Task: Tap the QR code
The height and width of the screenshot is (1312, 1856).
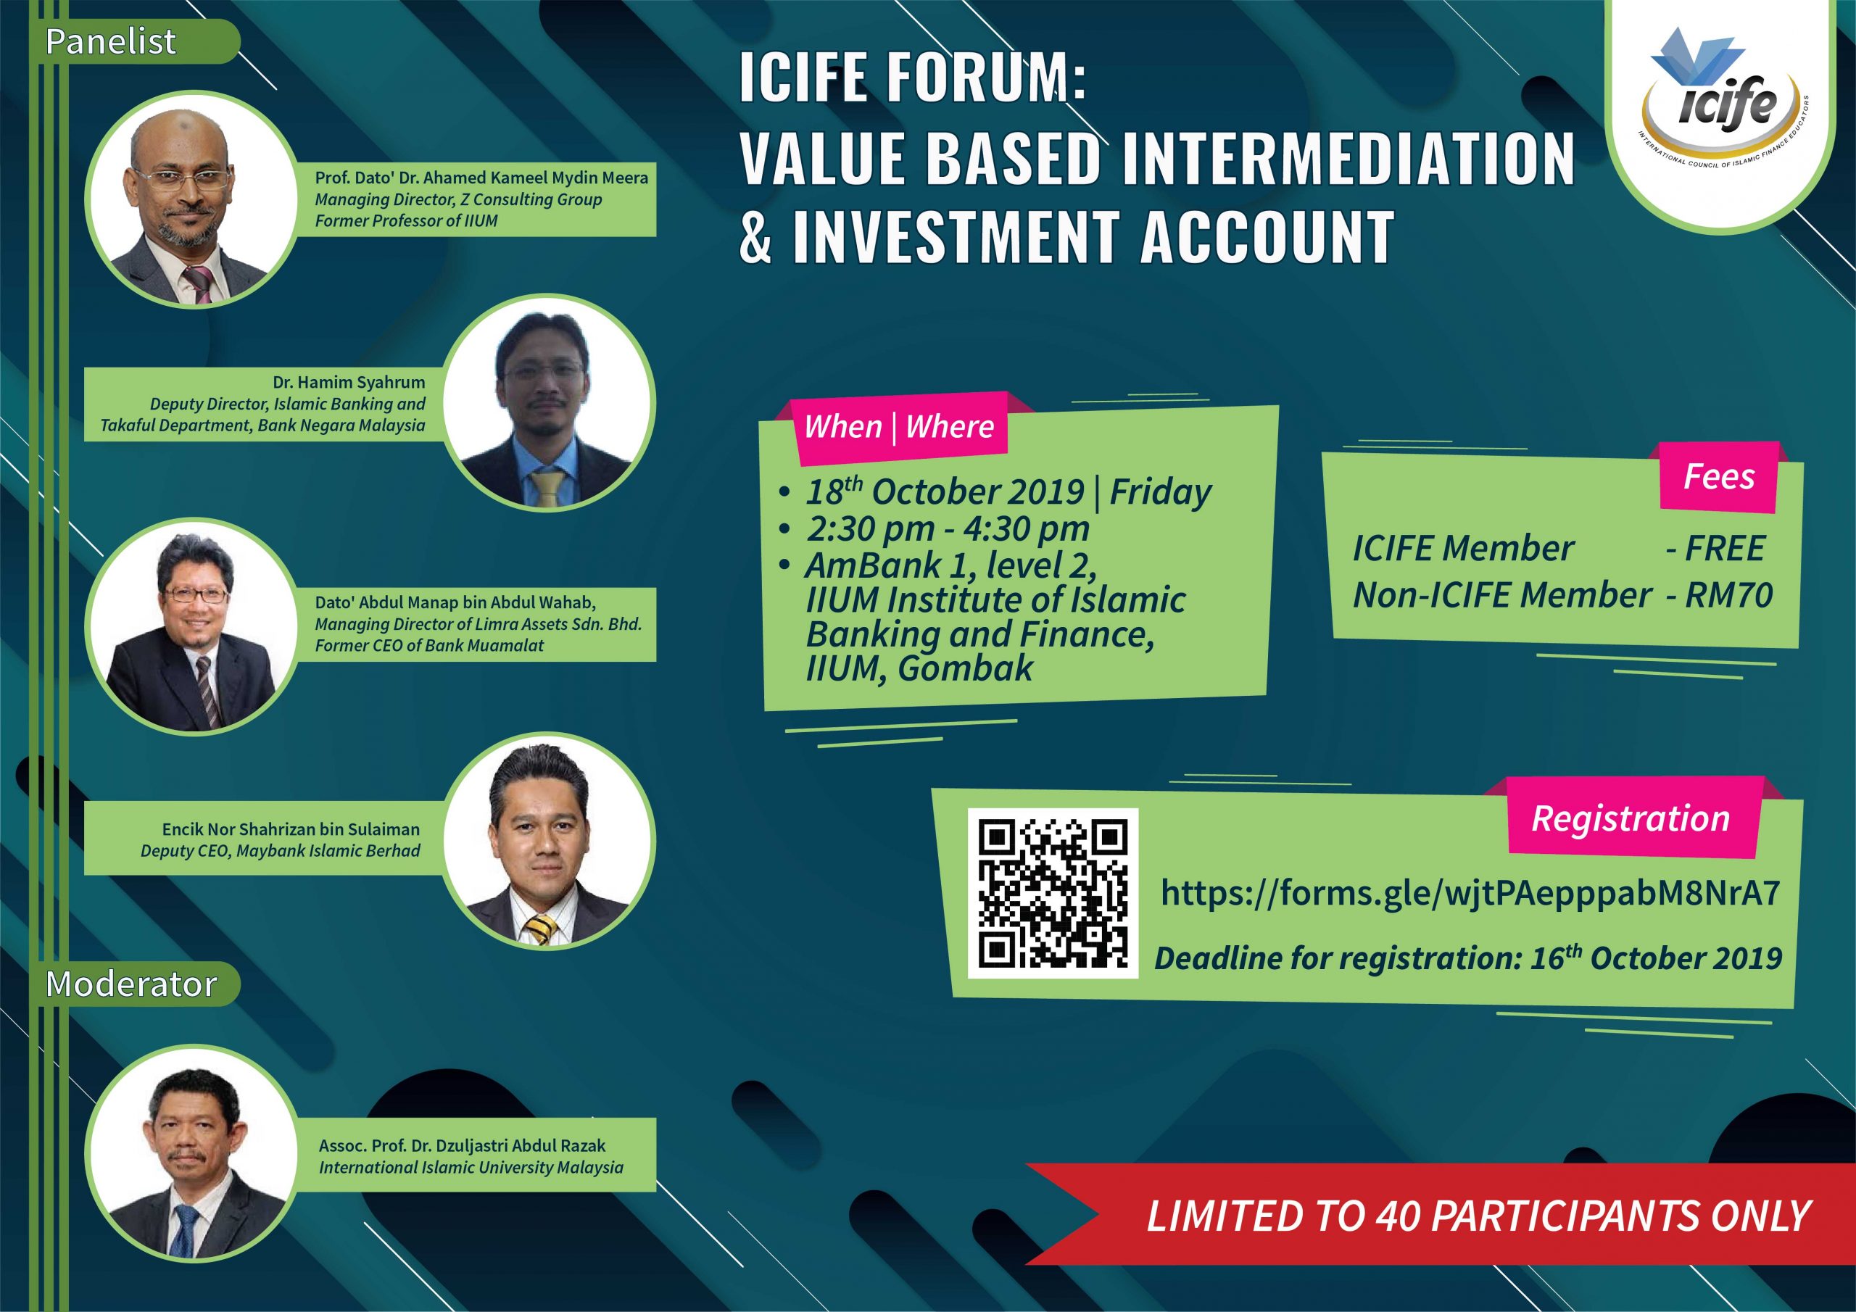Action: point(1053,892)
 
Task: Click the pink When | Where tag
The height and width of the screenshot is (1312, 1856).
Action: point(899,427)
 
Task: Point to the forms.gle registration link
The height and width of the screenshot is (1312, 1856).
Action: point(1470,893)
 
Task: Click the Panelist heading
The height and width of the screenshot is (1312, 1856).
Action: point(111,41)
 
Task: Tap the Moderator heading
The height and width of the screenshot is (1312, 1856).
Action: point(131,984)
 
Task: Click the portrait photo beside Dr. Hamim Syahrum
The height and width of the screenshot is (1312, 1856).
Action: point(550,402)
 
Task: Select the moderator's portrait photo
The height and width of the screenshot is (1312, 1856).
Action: point(191,1153)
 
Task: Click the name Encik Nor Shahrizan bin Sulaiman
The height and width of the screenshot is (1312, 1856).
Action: point(291,829)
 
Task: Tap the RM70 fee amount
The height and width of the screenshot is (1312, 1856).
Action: point(1729,595)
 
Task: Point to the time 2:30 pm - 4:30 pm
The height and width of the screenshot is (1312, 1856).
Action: point(948,529)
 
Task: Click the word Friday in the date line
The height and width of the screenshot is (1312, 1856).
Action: point(1161,491)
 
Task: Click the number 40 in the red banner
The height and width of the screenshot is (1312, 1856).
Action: point(1398,1216)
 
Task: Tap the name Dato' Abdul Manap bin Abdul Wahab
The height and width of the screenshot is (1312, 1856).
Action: point(455,602)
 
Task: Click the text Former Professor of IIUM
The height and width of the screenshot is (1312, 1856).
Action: point(406,220)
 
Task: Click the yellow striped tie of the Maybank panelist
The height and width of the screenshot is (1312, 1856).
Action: point(541,930)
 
